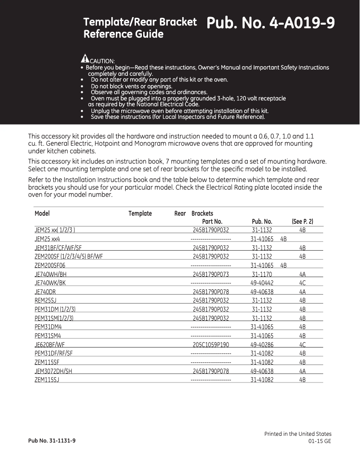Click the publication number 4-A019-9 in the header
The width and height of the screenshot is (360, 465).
click(270, 23)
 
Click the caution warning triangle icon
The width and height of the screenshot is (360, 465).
click(85, 58)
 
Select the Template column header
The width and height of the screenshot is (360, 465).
click(140, 213)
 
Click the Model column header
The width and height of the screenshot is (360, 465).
click(42, 213)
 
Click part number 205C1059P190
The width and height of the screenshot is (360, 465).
click(211, 345)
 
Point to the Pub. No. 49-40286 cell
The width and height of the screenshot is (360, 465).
click(262, 345)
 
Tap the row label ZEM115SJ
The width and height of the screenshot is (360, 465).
click(47, 380)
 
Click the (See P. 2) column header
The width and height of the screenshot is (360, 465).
click(302, 222)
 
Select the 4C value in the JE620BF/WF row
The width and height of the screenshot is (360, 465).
click(302, 345)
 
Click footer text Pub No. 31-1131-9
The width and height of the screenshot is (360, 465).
click(52, 441)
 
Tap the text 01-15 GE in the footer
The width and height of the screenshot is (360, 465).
click(320, 442)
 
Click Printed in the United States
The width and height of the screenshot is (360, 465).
click(298, 434)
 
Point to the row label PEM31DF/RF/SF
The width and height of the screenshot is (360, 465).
click(53, 353)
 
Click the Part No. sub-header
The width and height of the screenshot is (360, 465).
click(212, 222)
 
